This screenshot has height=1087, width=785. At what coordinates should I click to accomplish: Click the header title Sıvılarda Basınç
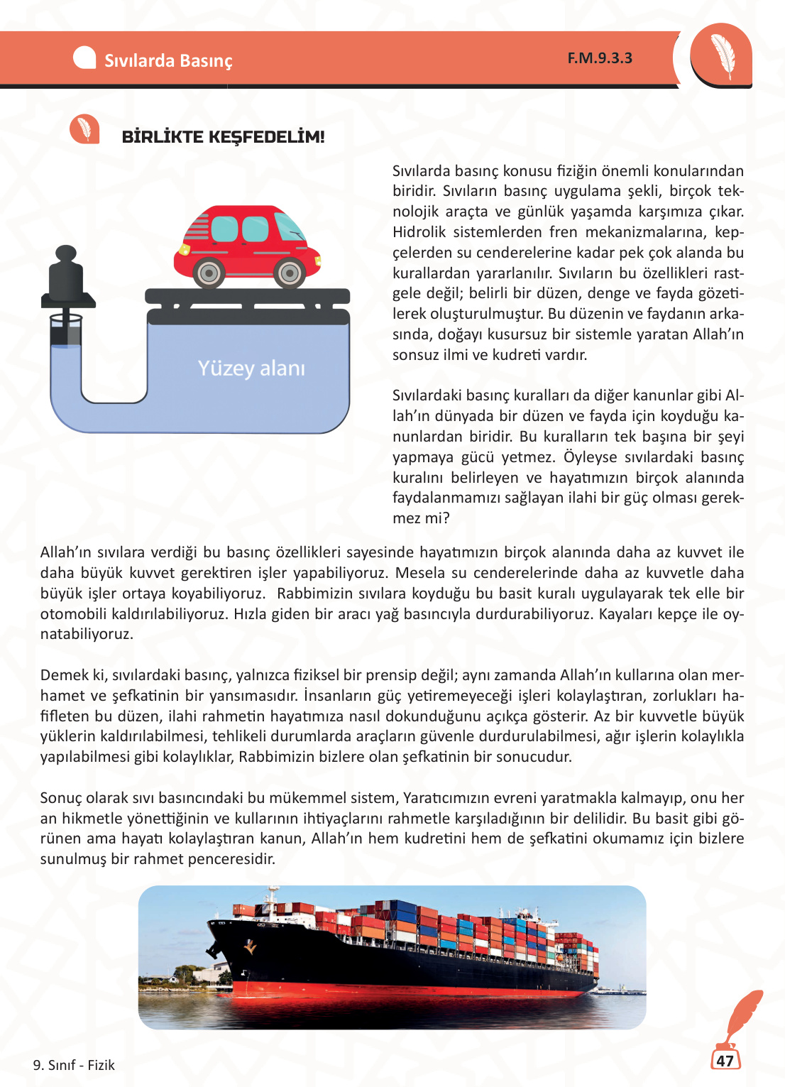tap(168, 61)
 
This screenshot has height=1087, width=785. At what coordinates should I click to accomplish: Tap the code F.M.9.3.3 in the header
tap(600, 58)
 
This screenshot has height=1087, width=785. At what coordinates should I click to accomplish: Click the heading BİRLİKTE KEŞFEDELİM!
tap(223, 137)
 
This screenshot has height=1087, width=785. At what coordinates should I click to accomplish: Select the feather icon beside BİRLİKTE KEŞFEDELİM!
tap(84, 129)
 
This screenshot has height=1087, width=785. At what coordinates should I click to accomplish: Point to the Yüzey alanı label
tap(251, 368)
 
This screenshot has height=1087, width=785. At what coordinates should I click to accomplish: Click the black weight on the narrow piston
tap(66, 280)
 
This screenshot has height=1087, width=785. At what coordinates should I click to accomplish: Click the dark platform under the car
tap(247, 297)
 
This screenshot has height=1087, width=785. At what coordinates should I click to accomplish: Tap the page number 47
tap(725, 1061)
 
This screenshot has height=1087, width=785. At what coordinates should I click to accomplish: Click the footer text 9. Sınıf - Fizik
tap(74, 1065)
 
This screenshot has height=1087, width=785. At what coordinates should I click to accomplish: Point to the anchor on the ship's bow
tap(249, 946)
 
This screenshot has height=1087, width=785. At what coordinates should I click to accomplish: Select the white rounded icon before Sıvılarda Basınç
tap(84, 58)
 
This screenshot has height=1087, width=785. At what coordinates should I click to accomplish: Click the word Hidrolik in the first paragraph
tap(419, 232)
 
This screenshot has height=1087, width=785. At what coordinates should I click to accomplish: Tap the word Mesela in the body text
tap(419, 573)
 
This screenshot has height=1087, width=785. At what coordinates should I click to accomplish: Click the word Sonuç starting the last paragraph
tap(62, 798)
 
